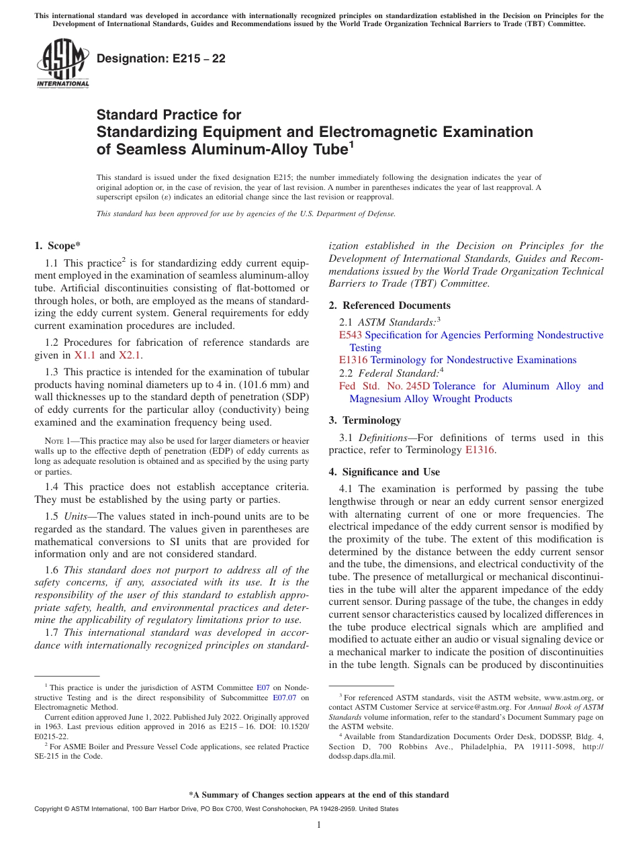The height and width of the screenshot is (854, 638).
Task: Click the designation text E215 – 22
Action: coord(161,59)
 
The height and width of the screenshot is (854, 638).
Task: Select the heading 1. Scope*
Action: coord(58,246)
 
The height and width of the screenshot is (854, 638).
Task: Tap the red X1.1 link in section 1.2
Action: coord(85,356)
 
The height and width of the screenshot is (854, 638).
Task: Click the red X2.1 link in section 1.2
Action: coord(130,356)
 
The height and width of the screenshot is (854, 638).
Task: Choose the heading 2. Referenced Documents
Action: coord(390,305)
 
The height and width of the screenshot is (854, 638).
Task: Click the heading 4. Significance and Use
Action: coord(384,472)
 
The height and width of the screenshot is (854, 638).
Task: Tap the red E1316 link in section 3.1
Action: coord(480,450)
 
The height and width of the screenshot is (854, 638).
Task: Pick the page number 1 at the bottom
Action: coord(319,826)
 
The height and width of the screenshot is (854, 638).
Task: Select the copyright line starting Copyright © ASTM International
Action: coord(216,809)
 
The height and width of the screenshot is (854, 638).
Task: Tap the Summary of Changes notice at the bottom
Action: coord(319,795)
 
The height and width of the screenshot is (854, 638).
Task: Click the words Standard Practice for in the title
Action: coord(169,115)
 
